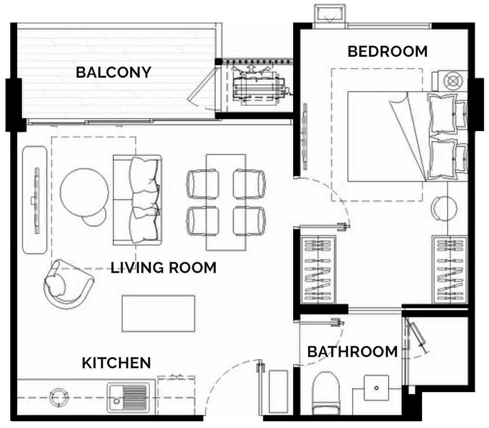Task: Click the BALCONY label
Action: point(113,72)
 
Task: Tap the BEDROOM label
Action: point(387,52)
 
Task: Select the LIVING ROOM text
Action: point(163,268)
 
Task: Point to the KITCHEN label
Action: point(116,363)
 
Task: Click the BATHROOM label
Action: point(353,351)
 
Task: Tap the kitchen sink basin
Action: point(128,398)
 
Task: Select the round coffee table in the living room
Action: point(84,192)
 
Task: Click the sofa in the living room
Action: point(137,200)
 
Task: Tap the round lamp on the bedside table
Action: point(453,80)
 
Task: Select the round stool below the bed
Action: point(444,208)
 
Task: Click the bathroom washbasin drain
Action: point(376,388)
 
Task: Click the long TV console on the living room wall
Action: point(35,200)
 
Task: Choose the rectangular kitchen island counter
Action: point(159,313)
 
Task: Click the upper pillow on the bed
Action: point(442,113)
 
